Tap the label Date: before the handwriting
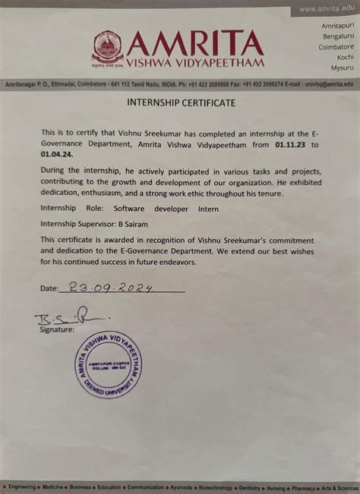(x=49, y=289)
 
